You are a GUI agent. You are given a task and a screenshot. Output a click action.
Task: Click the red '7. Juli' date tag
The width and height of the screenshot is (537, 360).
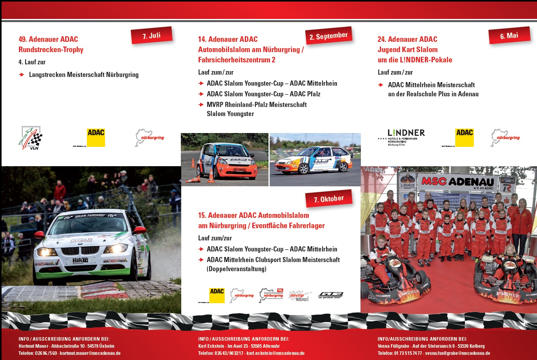pos(152,36)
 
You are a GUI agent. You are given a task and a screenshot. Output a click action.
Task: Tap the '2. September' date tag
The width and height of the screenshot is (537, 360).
pos(329,36)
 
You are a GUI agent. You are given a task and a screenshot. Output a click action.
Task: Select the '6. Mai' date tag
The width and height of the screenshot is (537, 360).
pos(509,36)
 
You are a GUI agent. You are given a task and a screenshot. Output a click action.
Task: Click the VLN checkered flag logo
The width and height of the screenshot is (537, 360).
pos(32,138)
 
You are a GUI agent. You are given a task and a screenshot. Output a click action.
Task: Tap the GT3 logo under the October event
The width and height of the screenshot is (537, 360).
pos(330,295)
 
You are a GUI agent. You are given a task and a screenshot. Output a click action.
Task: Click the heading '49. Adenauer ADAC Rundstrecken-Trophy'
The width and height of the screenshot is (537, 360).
pos(51,44)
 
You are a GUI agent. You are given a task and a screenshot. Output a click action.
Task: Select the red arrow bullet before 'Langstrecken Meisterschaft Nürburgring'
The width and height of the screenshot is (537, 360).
pos(22,75)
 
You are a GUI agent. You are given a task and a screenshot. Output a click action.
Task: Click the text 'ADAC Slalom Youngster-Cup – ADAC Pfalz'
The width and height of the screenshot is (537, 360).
pos(263,94)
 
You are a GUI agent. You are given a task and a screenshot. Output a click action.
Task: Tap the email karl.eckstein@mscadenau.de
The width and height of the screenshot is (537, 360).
pos(275,353)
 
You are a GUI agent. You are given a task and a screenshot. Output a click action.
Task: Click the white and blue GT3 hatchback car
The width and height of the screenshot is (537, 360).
pos(314,160)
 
